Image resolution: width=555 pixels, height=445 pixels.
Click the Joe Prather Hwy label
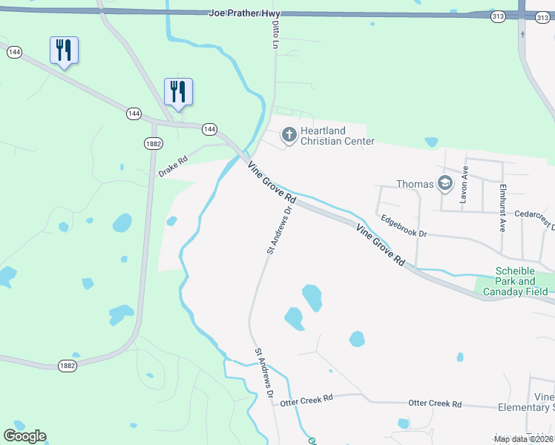240,13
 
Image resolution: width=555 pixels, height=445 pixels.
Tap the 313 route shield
497,16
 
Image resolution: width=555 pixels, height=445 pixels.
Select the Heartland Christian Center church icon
289,136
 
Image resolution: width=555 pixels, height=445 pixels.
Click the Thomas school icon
445,184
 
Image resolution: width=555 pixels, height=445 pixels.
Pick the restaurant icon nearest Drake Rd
178,92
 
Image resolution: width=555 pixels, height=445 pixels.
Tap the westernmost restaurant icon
64,50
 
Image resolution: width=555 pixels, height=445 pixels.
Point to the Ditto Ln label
276,35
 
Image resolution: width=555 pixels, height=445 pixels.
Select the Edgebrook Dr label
404,225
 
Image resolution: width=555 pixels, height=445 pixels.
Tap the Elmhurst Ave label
502,208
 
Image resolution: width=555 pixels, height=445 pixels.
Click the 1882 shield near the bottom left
68,366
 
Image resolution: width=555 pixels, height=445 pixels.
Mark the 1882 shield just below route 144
153,143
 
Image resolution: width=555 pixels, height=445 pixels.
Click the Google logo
24,436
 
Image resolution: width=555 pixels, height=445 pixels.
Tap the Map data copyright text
522,439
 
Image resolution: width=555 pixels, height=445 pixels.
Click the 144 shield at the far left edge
13,52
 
